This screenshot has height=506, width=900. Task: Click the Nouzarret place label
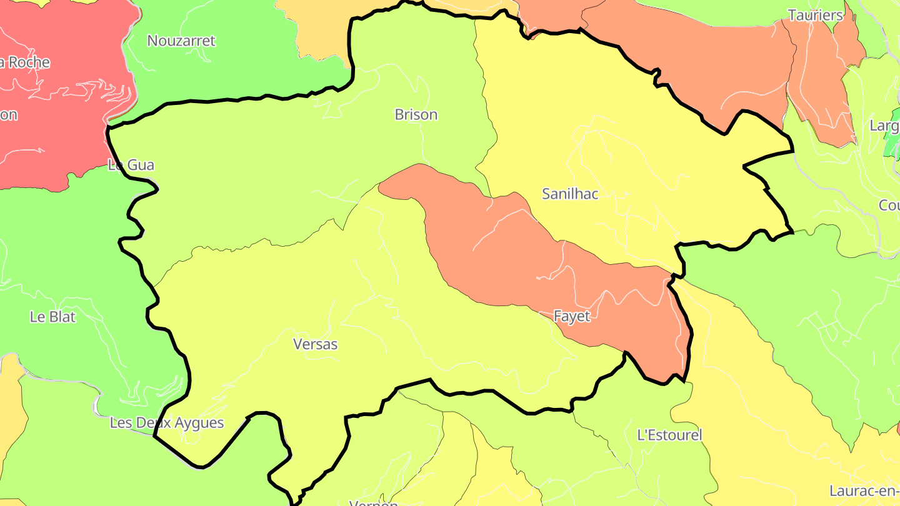pos(181,41)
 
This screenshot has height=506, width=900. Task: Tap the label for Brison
pos(416,115)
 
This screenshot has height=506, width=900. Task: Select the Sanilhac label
pos(570,194)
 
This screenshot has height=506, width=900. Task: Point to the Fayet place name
pos(572,317)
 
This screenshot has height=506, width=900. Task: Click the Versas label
pos(315,344)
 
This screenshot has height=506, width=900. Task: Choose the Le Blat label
pos(52,317)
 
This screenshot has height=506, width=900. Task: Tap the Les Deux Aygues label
pos(167,423)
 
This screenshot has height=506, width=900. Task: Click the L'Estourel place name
pos(669,435)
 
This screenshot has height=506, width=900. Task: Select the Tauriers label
pos(816,16)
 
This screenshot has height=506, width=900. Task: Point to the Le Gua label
pos(131,166)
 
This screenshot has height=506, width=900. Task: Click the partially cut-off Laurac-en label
pos(864,491)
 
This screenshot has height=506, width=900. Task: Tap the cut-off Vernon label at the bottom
pos(373,502)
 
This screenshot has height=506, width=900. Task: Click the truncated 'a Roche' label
pos(25,62)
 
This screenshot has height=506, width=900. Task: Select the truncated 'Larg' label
pos(884,126)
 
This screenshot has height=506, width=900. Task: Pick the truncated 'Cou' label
pos(889,206)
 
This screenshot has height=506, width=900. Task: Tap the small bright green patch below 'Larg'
pos(892,146)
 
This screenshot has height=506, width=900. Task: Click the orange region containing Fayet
pos(500,250)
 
